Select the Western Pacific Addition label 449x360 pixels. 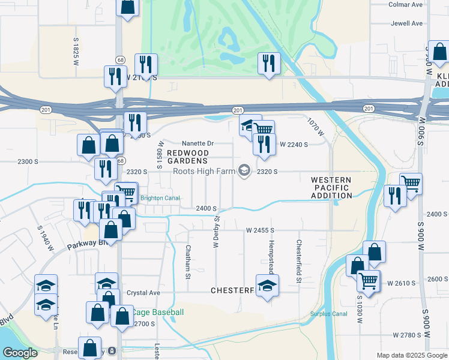pyautogui.click(x=331, y=188)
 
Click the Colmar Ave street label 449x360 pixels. pyautogui.click(x=406, y=4)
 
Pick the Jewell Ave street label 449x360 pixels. pyautogui.click(x=407, y=24)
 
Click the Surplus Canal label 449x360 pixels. pyautogui.click(x=329, y=313)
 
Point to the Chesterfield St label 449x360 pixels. pyautogui.click(x=298, y=262)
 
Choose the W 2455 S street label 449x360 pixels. pyautogui.click(x=260, y=230)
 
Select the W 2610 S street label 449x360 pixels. pyautogui.click(x=402, y=283)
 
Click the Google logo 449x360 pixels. pyautogui.click(x=20, y=353)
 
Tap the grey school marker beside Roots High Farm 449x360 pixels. pyautogui.click(x=244, y=172)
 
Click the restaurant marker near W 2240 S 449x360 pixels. pyautogui.click(x=263, y=145)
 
